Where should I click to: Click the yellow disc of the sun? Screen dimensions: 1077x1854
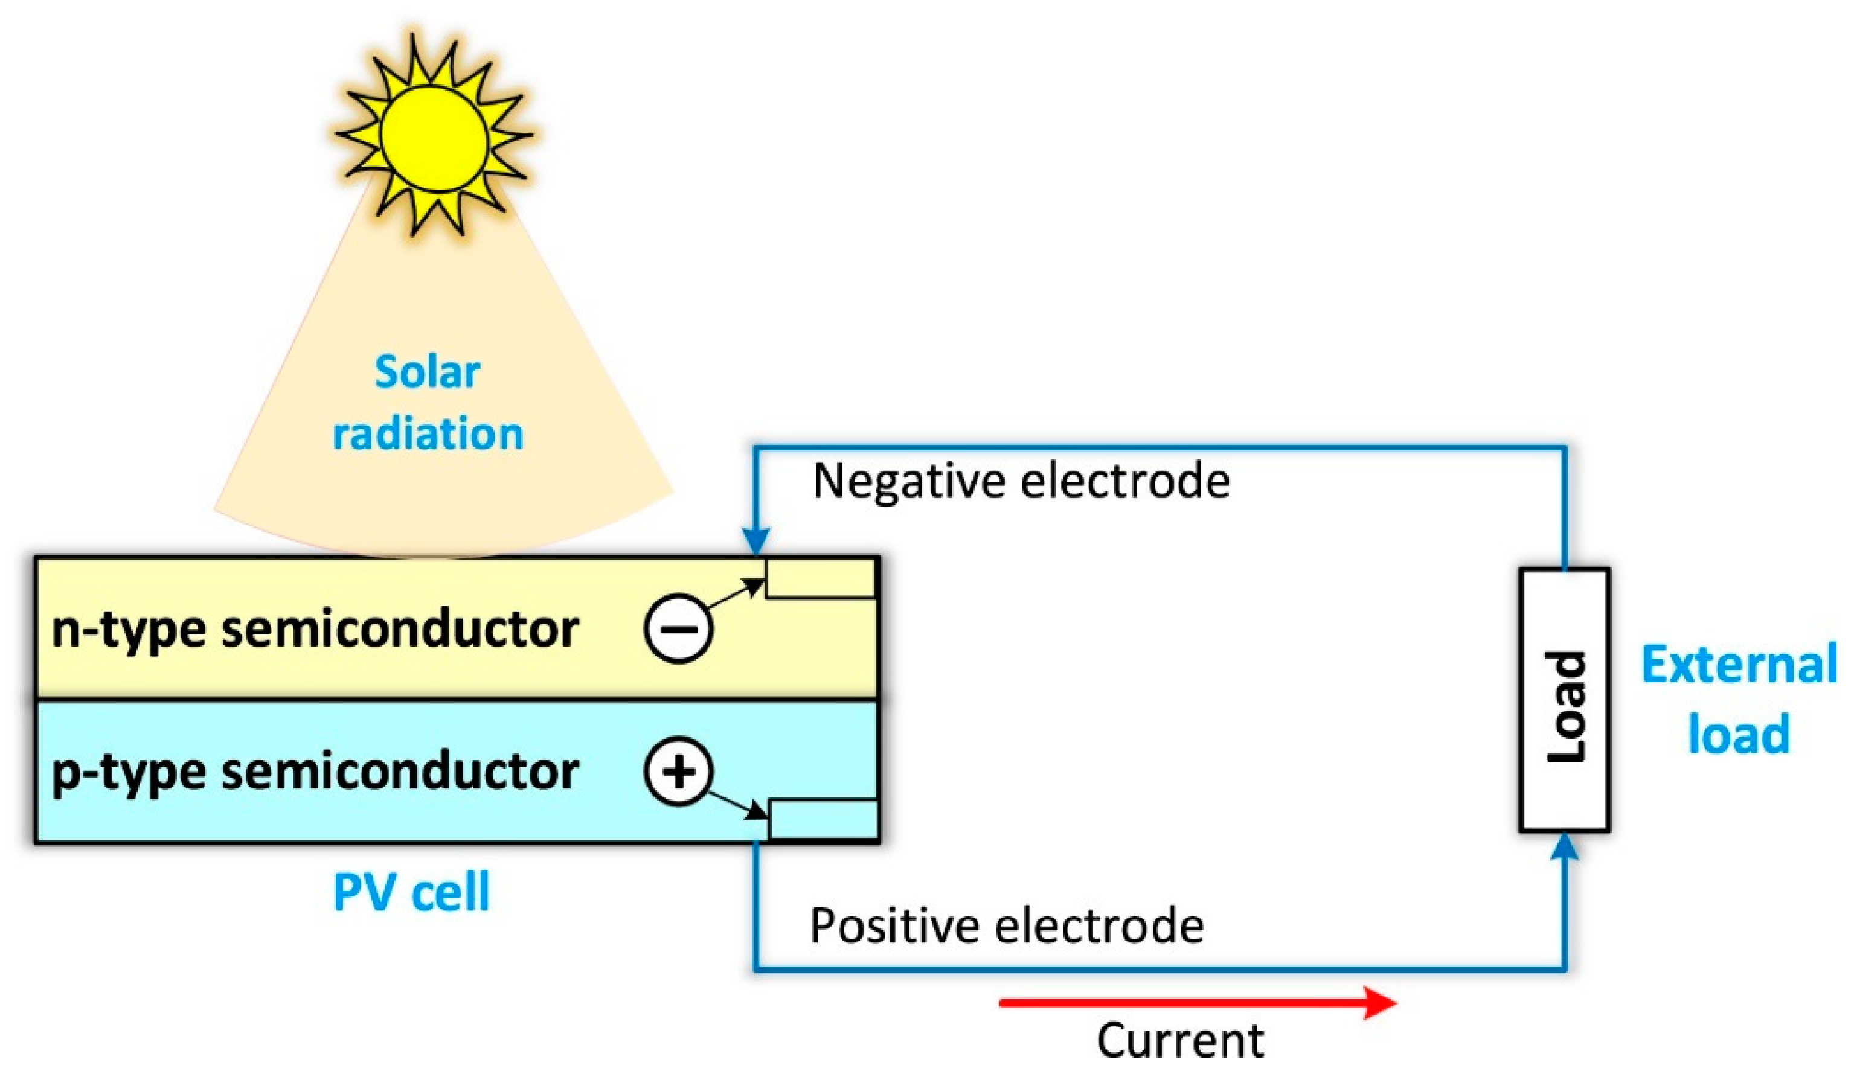pyautogui.click(x=434, y=137)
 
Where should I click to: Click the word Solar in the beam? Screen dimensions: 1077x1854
pyautogui.click(x=427, y=372)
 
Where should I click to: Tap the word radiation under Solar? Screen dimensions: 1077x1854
pyautogui.click(x=428, y=434)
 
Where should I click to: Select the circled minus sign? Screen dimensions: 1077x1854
pyautogui.click(x=678, y=629)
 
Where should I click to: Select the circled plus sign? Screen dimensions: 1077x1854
pyautogui.click(x=678, y=772)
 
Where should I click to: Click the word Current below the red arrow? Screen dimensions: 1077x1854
pyautogui.click(x=1180, y=1041)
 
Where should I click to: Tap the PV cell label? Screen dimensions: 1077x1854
pyautogui.click(x=411, y=893)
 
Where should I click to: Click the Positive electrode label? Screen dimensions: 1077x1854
pyautogui.click(x=1007, y=925)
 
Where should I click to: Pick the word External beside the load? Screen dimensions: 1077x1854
pyautogui.click(x=1738, y=665)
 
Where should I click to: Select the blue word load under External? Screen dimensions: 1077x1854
pyautogui.click(x=1738, y=734)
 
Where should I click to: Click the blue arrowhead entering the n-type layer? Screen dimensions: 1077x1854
pyautogui.click(x=755, y=543)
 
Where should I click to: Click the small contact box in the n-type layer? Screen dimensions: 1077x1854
pyautogui.click(x=820, y=578)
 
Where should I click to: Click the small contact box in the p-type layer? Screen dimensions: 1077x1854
pyautogui.click(x=823, y=818)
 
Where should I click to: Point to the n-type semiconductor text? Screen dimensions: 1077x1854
pyautogui.click(x=315, y=630)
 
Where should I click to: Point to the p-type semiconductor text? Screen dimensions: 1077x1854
pyautogui.click(x=315, y=773)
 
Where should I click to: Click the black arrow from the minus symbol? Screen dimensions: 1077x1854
pyautogui.click(x=736, y=593)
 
